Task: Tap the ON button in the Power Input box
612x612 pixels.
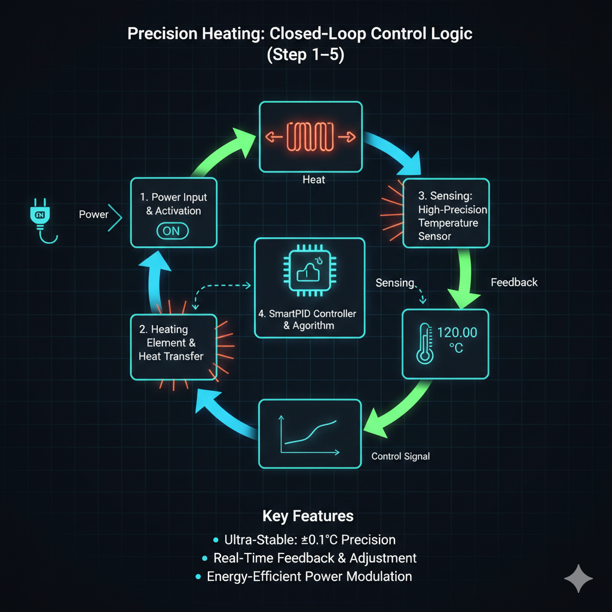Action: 172,231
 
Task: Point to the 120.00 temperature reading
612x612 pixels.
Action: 457,333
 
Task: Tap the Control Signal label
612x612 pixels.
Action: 400,456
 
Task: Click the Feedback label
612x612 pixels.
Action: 514,282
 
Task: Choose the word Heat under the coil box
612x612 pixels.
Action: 314,179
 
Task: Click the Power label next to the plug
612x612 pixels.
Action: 94,214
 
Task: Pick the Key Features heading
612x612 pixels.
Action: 308,516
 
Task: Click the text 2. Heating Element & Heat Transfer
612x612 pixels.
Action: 173,343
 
